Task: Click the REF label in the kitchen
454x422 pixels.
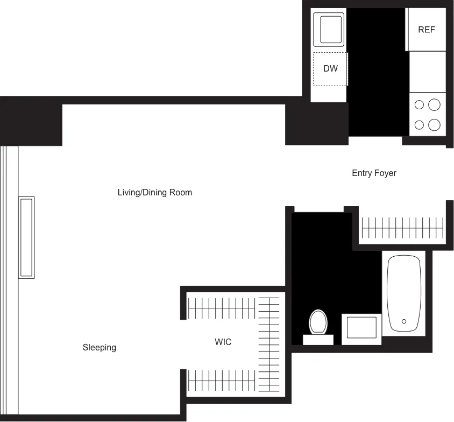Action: [426, 30]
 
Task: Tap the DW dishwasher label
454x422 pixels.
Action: [330, 69]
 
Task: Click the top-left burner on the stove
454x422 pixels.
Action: [419, 105]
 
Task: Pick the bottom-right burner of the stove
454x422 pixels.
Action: [434, 125]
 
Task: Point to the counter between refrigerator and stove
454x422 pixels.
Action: [427, 72]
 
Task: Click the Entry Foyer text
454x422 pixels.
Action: [374, 173]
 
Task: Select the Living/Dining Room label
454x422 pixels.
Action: [154, 192]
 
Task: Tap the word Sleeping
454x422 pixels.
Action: [99, 348]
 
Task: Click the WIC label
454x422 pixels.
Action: [223, 342]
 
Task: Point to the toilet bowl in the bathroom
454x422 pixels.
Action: [318, 322]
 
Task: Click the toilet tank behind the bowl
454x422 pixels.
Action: [318, 340]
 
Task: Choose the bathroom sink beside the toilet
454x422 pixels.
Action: [361, 329]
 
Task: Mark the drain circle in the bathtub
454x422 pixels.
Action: [404, 321]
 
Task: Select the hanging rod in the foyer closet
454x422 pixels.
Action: [403, 228]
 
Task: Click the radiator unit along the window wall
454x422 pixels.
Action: [26, 237]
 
